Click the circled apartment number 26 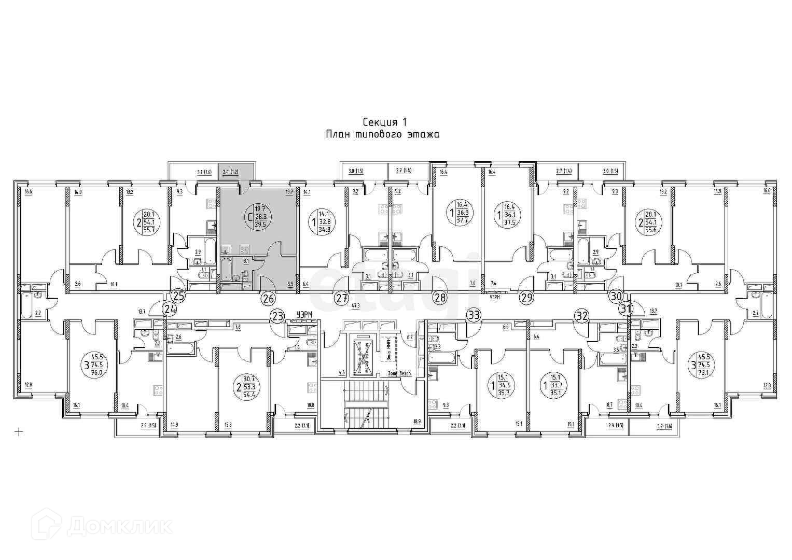tap(268, 298)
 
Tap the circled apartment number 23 tap(277, 315)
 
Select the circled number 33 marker tap(474, 314)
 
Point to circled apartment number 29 tap(527, 298)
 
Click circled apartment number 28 tap(440, 298)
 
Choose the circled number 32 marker tap(582, 315)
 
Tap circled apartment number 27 tap(341, 298)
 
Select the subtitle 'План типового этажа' tap(382, 135)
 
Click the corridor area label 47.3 tap(355, 306)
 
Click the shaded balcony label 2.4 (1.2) tap(230, 171)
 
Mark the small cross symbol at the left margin tap(19, 431)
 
